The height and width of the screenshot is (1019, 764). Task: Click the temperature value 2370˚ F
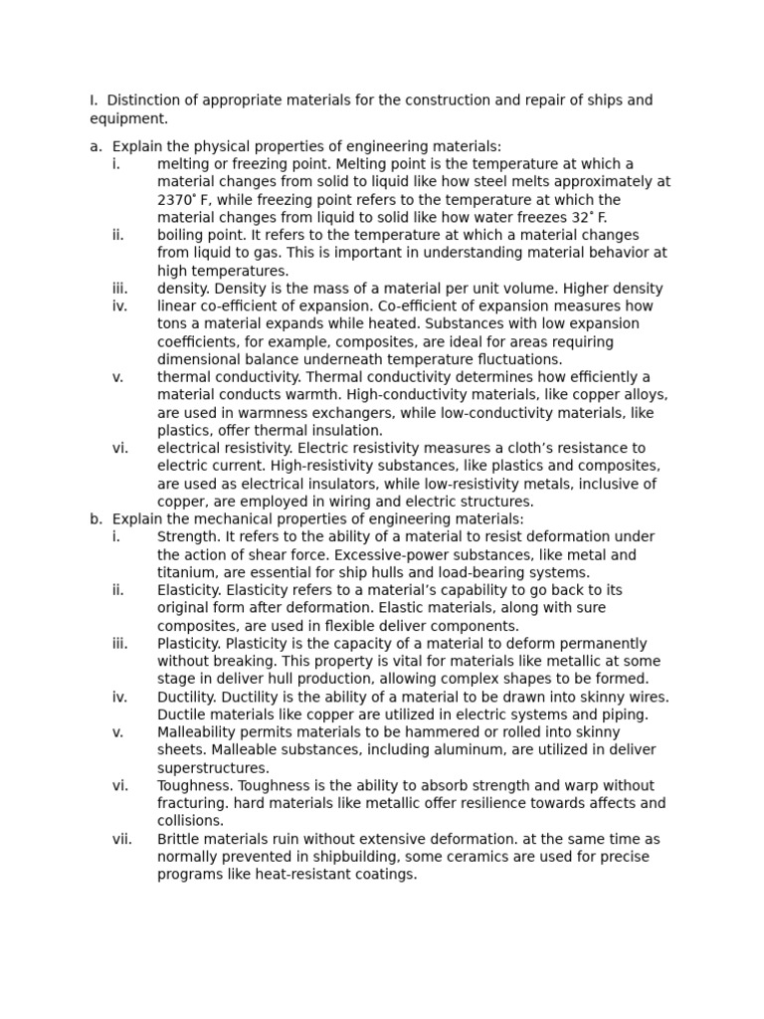pyautogui.click(x=180, y=200)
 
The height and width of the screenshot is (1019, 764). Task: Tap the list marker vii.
pyautogui.click(x=121, y=839)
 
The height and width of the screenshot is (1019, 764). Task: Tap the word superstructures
pyautogui.click(x=213, y=768)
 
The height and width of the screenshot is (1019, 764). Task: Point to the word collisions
pyautogui.click(x=191, y=821)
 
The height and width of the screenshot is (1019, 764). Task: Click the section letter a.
pyautogui.click(x=95, y=146)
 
